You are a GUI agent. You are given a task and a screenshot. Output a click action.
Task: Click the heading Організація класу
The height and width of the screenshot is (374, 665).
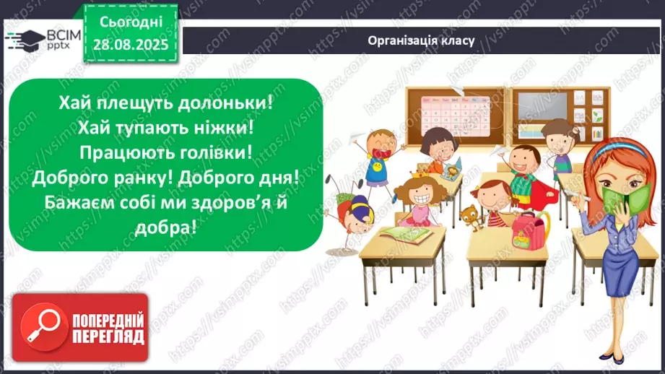pyautogui.click(x=420, y=40)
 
